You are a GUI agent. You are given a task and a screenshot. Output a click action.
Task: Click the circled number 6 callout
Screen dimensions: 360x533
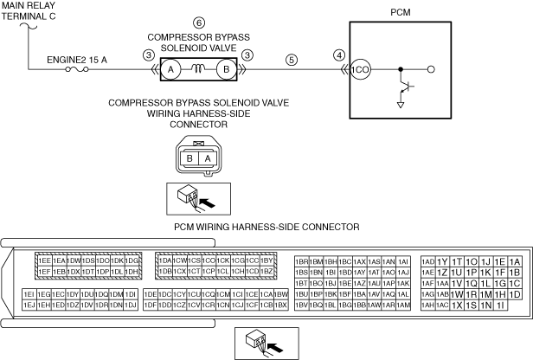200,22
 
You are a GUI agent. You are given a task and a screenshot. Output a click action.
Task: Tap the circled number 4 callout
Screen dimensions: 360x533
338,54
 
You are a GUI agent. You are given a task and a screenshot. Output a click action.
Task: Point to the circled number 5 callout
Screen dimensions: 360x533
292,60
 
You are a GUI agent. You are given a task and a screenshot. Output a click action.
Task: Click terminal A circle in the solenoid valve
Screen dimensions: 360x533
171,69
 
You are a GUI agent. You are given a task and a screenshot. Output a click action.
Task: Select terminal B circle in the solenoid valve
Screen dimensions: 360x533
226,69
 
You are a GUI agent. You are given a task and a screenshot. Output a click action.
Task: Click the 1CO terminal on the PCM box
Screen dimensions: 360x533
359,69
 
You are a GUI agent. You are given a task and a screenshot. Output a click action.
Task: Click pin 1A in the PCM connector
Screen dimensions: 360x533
514,260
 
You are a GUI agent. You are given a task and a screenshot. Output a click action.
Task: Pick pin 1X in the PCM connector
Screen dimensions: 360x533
456,305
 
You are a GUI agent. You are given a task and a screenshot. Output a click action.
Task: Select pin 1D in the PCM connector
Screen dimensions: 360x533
514,293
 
